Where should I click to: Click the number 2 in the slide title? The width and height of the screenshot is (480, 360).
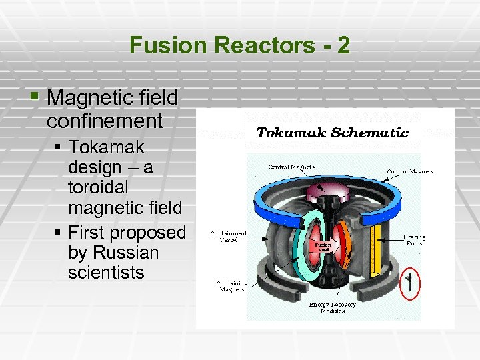[x=342, y=45]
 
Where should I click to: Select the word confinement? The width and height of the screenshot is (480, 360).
[x=105, y=121]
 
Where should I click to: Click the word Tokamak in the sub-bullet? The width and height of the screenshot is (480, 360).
[x=106, y=147]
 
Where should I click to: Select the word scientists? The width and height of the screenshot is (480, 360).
[x=106, y=273]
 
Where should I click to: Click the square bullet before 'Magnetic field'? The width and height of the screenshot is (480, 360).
[x=35, y=97]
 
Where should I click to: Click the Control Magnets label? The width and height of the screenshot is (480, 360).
[x=410, y=171]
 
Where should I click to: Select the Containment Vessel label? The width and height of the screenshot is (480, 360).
[x=229, y=237]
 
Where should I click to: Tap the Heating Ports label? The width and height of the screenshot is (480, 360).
[x=415, y=239]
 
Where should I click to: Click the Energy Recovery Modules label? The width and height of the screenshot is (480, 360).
[x=333, y=308]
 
